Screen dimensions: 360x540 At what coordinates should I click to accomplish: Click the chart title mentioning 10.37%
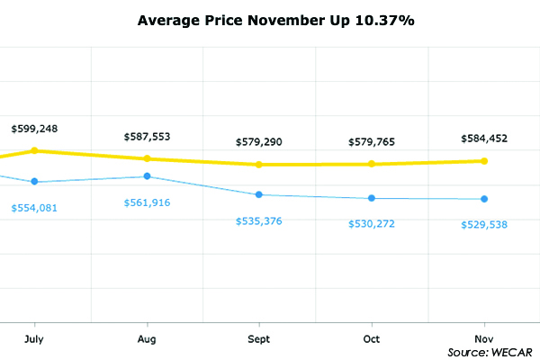[275, 19]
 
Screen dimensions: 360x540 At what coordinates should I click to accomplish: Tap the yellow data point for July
[34, 150]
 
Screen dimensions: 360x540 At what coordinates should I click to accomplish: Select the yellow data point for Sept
[259, 165]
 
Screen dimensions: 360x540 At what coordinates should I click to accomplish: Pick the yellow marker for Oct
[372, 164]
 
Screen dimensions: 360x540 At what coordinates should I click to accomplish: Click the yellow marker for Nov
[484, 161]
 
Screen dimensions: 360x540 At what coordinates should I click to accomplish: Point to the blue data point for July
[34, 182]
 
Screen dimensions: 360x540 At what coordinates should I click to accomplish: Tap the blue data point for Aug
[147, 176]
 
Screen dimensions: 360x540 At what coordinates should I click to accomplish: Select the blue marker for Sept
[259, 194]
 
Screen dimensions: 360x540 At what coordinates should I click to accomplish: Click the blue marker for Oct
[372, 198]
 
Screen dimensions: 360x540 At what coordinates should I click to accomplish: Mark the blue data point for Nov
[484, 199]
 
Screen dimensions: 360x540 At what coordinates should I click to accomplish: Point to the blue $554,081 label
[34, 209]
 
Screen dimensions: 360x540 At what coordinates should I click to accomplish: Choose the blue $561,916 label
[147, 202]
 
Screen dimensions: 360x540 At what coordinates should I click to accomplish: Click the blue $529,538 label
[484, 224]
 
